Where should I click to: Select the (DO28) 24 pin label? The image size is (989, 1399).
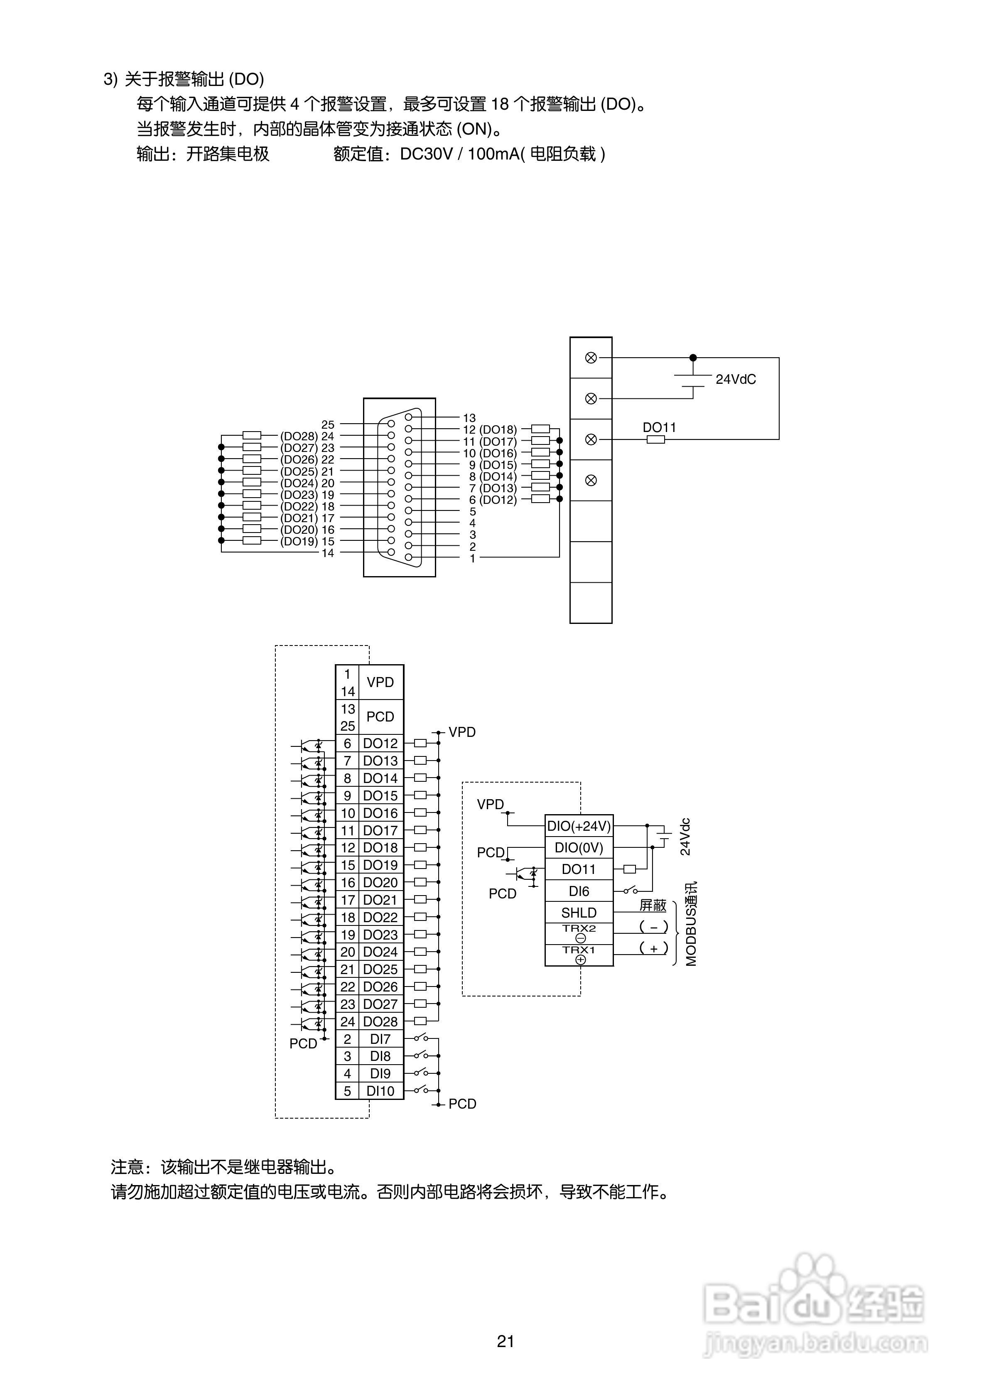coord(307,436)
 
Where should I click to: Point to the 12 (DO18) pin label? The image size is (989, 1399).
coord(489,430)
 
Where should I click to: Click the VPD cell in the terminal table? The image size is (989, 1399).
coord(380,682)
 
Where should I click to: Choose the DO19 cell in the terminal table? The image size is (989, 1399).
coord(380,865)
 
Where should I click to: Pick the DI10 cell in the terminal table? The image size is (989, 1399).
coord(380,1091)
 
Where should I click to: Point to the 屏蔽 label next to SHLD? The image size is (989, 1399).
coord(653,906)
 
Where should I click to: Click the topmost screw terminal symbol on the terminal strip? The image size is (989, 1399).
coord(591,358)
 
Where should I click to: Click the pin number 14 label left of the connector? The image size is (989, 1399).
coord(328,553)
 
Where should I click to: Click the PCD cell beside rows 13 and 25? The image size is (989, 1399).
coord(380,717)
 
